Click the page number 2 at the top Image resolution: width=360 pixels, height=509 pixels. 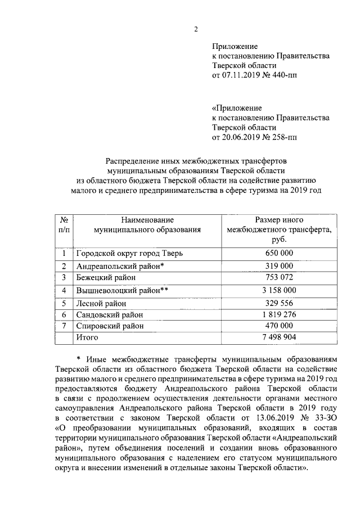coord(196,29)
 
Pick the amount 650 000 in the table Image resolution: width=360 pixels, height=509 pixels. coord(278,253)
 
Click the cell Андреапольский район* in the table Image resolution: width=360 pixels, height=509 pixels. coord(120,265)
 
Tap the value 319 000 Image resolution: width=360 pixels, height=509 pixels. coord(278,265)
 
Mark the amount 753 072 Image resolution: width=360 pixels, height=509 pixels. coord(278,277)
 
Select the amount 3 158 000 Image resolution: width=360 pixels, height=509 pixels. coord(278,290)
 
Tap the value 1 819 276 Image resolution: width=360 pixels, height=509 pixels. coord(278,314)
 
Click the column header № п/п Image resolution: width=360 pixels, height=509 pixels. coord(64,224)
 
